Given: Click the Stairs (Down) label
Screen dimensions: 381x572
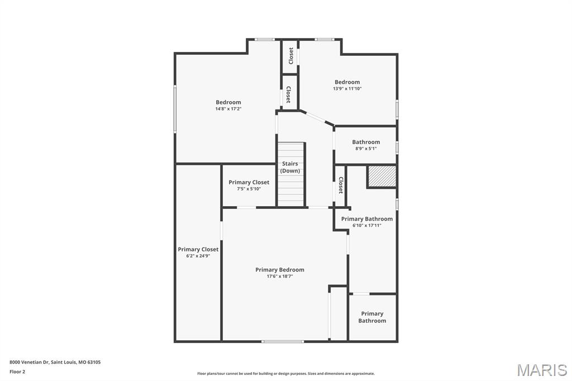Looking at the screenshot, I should pos(290,167).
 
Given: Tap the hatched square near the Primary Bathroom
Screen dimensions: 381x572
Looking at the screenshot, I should pos(382,177).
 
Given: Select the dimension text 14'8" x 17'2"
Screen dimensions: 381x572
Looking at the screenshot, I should pos(228,109).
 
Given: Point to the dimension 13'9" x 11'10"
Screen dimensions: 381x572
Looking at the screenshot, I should pos(347,89).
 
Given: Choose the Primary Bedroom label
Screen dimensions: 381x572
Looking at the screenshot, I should pos(280,270).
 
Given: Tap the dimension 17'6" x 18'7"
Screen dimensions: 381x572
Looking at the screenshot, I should pos(280,277).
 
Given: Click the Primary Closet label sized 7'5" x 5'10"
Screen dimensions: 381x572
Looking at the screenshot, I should pos(249,182).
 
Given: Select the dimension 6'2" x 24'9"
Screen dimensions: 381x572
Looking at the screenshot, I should pos(198,256).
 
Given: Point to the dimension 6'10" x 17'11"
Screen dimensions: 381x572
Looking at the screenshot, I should pos(367,226).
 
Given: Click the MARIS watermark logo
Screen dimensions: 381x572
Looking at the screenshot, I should pos(542,370).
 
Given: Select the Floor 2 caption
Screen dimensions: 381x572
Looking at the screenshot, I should pos(17,372).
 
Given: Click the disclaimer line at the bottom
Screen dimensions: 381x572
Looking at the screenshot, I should pos(285,374).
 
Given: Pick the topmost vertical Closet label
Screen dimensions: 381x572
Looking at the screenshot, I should pos(291,55).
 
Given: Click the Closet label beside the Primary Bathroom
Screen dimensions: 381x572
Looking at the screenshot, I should pos(340,185).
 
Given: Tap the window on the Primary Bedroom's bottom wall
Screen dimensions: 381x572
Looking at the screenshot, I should pos(283,341).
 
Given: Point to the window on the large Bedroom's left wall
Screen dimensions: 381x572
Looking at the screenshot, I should pos(175,108).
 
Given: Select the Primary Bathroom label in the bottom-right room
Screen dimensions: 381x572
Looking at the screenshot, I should pos(372,317).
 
